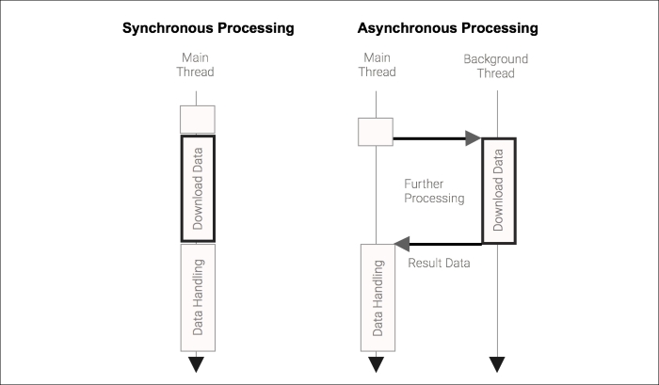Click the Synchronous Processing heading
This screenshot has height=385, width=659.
[208, 28]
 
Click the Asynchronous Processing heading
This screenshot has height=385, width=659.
[447, 28]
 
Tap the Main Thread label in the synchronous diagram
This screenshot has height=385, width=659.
[196, 65]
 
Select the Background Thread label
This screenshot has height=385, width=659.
[496, 65]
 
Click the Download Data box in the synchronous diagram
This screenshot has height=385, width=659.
[198, 188]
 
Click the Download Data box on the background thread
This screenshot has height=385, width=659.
[499, 191]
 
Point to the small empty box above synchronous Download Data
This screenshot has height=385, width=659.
[198, 119]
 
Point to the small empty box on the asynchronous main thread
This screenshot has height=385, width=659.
[376, 131]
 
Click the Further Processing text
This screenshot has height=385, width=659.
[434, 191]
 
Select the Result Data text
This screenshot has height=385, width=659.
[439, 263]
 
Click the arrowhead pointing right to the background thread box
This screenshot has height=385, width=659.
[474, 138]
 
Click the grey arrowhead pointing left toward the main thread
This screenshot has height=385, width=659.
[400, 244]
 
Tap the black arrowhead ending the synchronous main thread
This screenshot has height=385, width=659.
[197, 364]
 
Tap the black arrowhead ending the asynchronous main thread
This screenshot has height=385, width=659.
[377, 364]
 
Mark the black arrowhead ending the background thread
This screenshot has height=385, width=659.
[496, 364]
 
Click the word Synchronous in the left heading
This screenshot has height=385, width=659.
[167, 28]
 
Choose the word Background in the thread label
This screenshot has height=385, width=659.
[496, 58]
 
